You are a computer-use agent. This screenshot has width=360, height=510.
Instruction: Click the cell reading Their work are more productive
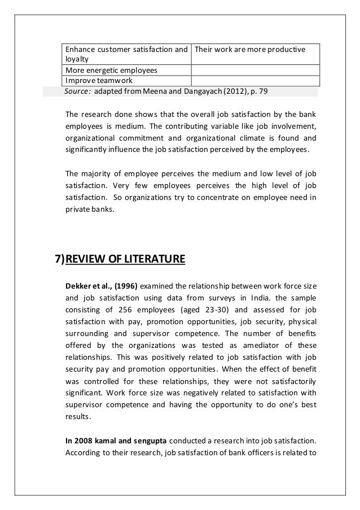(x=249, y=50)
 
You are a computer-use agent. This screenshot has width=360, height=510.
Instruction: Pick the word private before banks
(x=79, y=211)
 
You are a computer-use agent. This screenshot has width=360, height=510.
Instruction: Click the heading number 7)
(x=59, y=260)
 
